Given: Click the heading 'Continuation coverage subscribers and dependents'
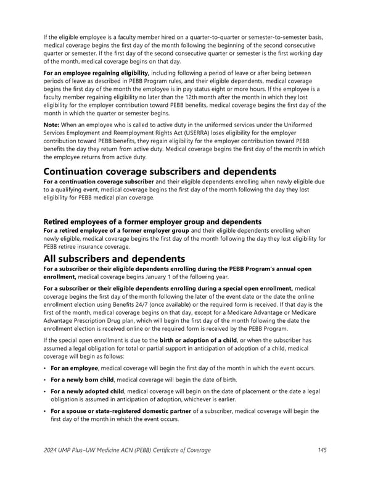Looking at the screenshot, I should point(160,171).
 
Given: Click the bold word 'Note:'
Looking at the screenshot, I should point(52,125).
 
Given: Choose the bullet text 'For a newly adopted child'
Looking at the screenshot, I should point(88,391).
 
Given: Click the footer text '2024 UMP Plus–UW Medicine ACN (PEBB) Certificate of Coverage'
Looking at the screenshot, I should point(126,450).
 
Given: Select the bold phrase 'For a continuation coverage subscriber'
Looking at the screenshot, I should point(98,183).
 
